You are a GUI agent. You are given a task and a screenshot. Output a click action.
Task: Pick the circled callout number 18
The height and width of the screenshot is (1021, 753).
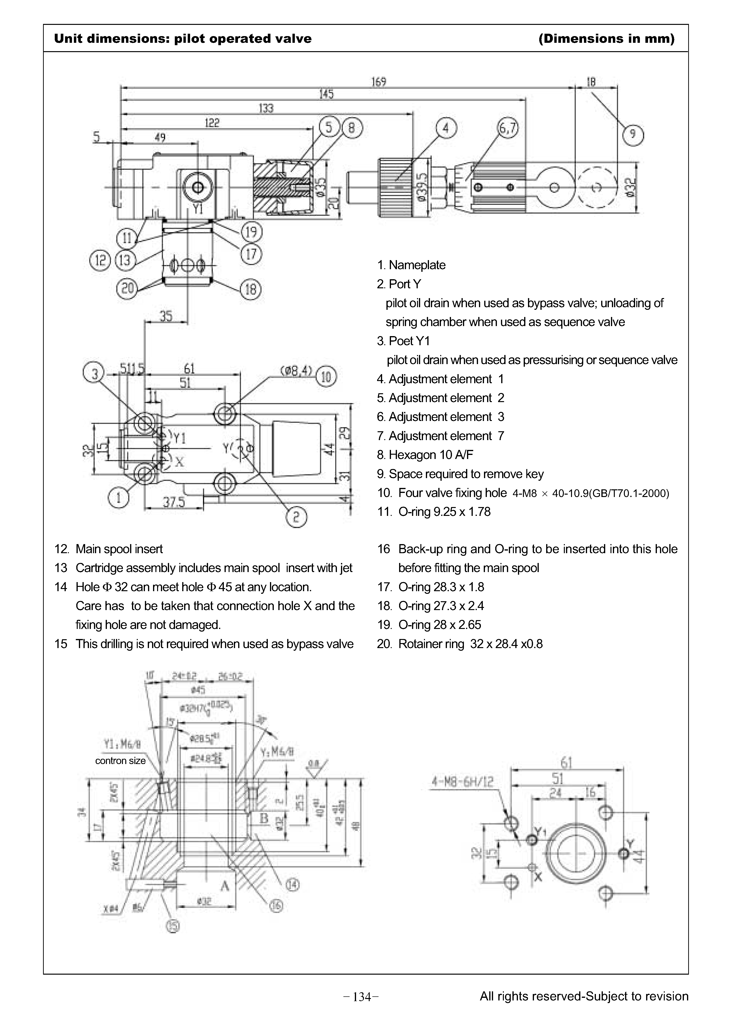[x=251, y=289]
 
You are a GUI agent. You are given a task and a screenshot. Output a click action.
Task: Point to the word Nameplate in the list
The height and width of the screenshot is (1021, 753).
[x=417, y=265]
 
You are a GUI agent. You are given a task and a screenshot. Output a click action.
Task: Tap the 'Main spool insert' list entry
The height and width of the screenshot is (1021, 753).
[x=119, y=549]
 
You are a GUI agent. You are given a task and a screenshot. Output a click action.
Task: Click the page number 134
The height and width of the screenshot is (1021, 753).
[x=362, y=997]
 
